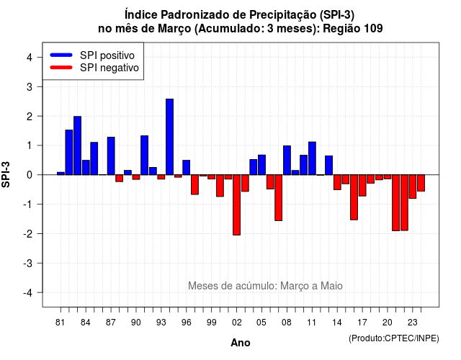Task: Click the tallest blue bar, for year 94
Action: (170, 137)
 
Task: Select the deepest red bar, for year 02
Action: (237, 204)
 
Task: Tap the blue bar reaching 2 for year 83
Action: (77, 145)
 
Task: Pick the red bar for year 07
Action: (279, 197)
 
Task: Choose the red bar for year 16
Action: (354, 197)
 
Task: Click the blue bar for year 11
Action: (312, 158)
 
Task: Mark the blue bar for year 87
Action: (111, 156)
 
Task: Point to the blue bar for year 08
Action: (287, 160)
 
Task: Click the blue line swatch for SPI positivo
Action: (61, 55)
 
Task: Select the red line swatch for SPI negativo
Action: (61, 67)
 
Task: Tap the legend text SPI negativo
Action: (109, 68)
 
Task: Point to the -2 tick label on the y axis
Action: (29, 233)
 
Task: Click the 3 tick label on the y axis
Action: (30, 86)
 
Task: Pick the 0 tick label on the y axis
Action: (30, 175)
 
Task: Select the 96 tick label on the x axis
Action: (186, 323)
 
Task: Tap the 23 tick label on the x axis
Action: (413, 323)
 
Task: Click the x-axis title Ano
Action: (241, 343)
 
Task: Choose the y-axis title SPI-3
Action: (6, 174)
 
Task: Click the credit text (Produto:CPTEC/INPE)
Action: (394, 338)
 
